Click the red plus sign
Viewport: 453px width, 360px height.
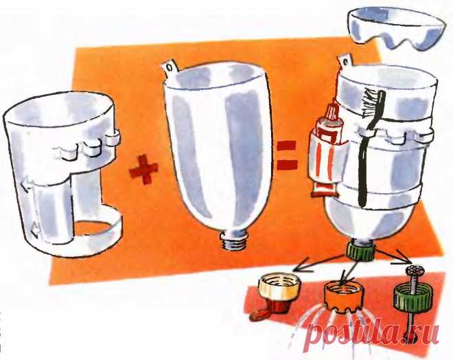[144, 169]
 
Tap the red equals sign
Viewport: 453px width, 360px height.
[287, 155]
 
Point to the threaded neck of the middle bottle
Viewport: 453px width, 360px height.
[235, 240]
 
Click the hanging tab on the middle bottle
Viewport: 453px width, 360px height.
[170, 67]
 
